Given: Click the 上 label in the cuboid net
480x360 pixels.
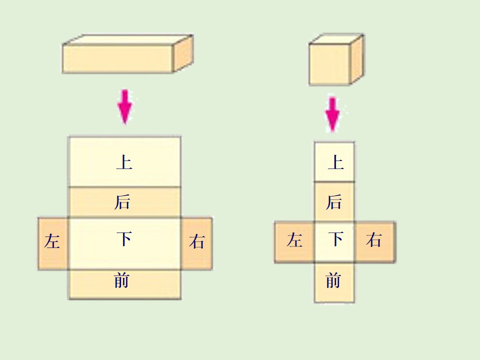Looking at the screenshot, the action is (124, 162).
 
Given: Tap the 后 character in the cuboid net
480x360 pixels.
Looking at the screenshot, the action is (122, 202).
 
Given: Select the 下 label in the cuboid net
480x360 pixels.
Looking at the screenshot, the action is (124, 239).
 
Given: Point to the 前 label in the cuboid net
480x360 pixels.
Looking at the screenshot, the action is (121, 280).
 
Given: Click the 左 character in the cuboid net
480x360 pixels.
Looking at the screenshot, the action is (52, 241).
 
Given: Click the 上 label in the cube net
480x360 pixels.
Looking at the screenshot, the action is (336, 162).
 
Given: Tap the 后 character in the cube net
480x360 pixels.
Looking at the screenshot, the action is (333, 202).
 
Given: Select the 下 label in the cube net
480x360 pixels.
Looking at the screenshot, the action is (336, 239).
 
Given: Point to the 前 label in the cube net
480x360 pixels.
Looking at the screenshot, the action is (333, 280).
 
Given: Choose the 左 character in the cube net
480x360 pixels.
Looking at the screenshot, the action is (294, 239).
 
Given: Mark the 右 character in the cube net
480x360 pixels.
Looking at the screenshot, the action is (374, 239).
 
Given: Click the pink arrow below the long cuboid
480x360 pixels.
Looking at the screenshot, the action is (125, 107).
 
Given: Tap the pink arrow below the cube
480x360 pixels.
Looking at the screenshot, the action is (332, 114).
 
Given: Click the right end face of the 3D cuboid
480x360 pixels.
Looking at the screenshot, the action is (183, 53).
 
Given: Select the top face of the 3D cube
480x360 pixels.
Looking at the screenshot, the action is (336, 39).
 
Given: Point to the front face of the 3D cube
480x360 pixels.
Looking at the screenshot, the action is (329, 64).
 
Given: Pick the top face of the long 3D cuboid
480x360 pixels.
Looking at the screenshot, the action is (127, 40).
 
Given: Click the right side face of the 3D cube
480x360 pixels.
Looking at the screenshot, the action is (357, 59).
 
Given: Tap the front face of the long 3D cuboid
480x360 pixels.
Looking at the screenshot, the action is (117, 59).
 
